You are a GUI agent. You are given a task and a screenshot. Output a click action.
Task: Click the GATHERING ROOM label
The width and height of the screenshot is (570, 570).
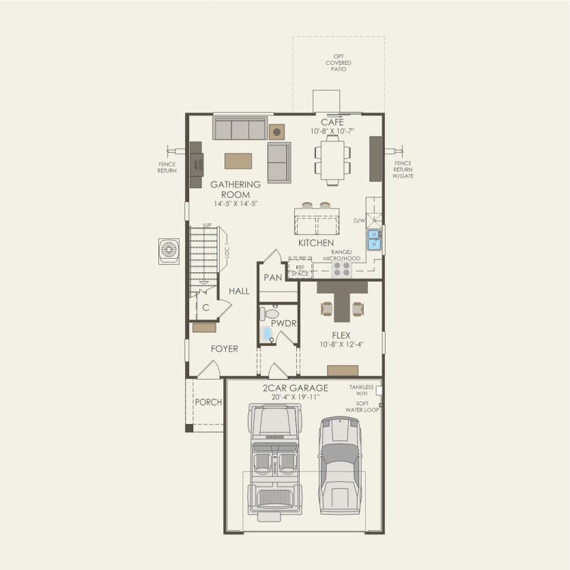coord(236,189)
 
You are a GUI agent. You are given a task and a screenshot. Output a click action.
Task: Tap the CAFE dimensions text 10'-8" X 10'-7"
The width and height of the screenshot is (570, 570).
coord(332,131)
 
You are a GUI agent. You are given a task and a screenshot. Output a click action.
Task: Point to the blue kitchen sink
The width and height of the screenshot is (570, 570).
coord(375,239)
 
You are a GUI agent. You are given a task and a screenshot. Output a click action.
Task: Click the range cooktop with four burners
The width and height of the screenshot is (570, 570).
coord(341,270)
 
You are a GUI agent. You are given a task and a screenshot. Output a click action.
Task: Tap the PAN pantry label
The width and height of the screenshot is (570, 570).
coord(273,278)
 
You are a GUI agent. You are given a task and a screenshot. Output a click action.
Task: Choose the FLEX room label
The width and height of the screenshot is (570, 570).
coord(341,335)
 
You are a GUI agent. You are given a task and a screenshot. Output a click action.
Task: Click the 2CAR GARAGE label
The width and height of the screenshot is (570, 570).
coord(296,388)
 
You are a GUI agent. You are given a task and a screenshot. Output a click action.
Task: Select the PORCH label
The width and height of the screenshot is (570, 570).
coord(208,402)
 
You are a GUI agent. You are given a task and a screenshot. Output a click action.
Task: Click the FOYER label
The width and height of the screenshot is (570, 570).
coord(224,349)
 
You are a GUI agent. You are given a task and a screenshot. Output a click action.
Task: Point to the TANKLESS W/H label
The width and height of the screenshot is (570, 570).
coord(361,389)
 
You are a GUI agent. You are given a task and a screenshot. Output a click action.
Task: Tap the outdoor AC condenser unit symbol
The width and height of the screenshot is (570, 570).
coord(168,250)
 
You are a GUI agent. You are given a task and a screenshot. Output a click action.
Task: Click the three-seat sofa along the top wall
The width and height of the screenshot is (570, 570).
coord(239,128)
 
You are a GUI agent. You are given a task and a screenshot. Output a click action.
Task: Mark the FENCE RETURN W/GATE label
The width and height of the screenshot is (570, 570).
coord(403,170)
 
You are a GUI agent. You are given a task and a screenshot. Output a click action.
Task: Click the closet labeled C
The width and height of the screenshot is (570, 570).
coord(205,307)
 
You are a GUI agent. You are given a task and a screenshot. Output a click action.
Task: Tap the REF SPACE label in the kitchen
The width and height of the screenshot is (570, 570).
coord(300,270)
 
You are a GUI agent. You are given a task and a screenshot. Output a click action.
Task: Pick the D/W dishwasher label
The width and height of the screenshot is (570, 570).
coord(358,220)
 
